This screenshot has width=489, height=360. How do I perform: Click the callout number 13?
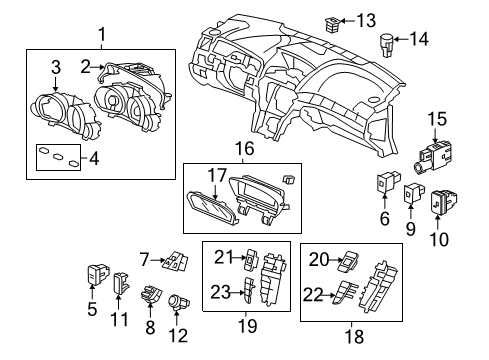click(x=366, y=21)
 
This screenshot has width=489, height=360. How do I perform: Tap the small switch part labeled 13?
click(x=332, y=24)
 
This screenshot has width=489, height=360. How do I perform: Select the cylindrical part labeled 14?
click(x=387, y=45)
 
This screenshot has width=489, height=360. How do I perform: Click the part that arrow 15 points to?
click(x=433, y=156)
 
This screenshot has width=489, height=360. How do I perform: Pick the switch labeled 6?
click(x=387, y=182)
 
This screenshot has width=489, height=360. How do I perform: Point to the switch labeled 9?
click(x=414, y=192)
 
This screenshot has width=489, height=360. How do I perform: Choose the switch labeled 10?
click(x=443, y=201)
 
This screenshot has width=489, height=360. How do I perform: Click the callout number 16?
click(x=245, y=149)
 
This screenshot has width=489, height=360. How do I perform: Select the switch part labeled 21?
click(x=252, y=259)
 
